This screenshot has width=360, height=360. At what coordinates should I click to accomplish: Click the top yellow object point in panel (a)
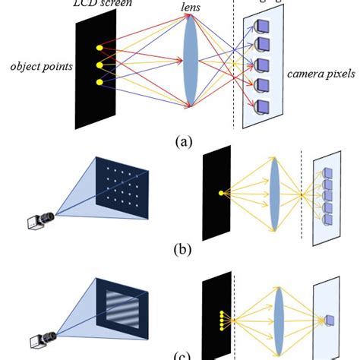(98, 49)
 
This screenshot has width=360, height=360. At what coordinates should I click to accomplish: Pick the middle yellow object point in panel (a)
(98, 65)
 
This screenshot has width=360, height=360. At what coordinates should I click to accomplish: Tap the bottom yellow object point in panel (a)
(98, 81)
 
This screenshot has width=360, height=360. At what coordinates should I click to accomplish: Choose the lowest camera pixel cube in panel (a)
(263, 105)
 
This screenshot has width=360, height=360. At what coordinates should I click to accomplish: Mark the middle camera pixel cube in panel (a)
(264, 65)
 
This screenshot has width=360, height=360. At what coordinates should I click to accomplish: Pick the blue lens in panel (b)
(275, 194)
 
